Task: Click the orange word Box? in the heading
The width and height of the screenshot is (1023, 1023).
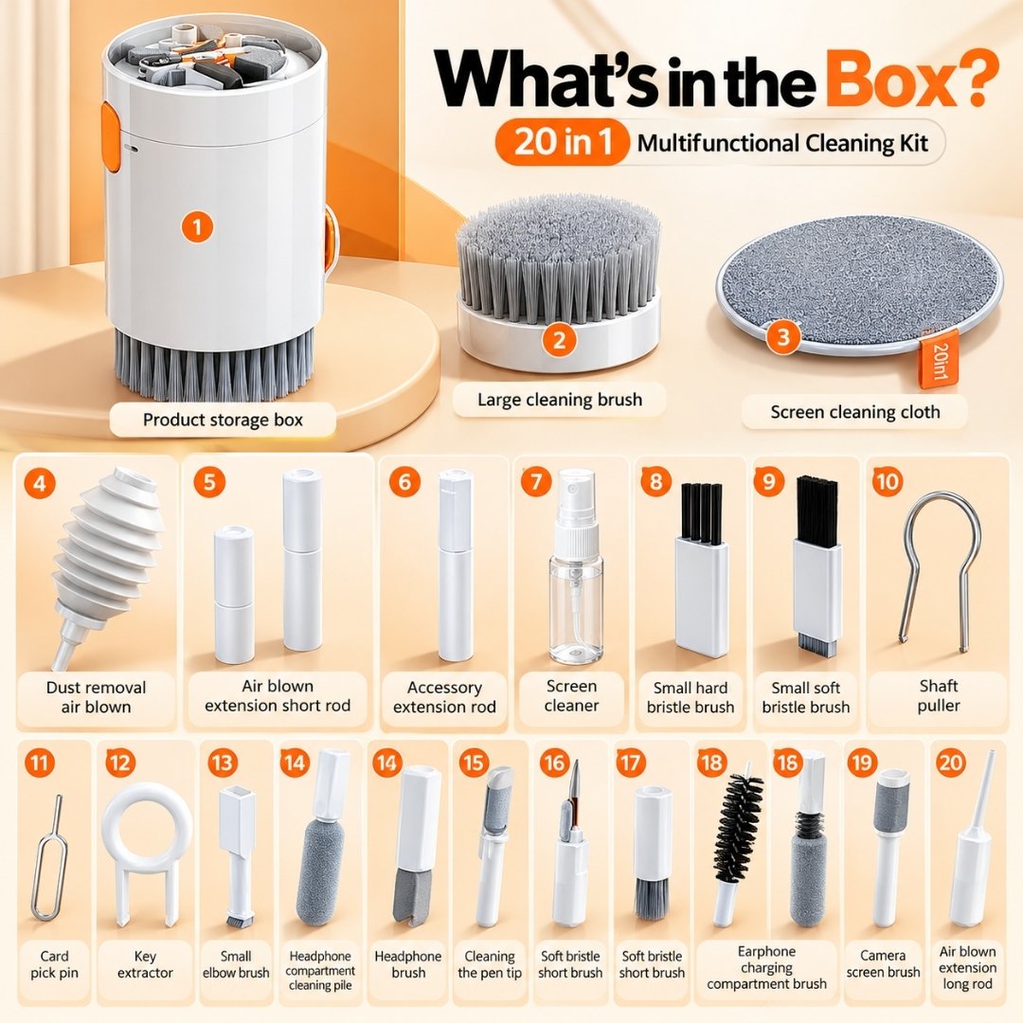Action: click(913, 80)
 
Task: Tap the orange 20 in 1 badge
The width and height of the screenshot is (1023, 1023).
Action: click(563, 141)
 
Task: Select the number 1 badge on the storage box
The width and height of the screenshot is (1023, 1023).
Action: click(197, 227)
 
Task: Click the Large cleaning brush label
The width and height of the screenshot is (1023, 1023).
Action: click(559, 400)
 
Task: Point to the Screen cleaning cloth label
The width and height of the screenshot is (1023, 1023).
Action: click(854, 412)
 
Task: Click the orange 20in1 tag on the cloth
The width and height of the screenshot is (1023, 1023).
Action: click(940, 360)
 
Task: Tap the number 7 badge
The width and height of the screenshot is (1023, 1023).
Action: click(536, 483)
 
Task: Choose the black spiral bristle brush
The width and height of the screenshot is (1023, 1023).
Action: click(738, 826)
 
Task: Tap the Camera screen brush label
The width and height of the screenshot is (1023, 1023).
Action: click(883, 963)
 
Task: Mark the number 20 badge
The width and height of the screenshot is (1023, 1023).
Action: click(950, 762)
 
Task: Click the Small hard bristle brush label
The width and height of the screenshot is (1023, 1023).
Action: click(691, 697)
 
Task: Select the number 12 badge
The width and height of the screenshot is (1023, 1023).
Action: click(120, 762)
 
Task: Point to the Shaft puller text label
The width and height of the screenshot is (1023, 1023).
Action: click(938, 695)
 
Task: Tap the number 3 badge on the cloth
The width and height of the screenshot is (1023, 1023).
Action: click(783, 336)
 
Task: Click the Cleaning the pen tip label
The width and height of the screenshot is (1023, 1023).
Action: click(490, 964)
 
